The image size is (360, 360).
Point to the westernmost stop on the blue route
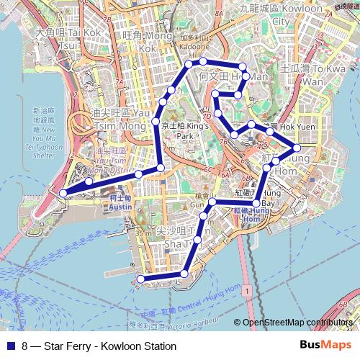tap(63, 193)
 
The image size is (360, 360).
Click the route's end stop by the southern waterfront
tap(140, 279)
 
